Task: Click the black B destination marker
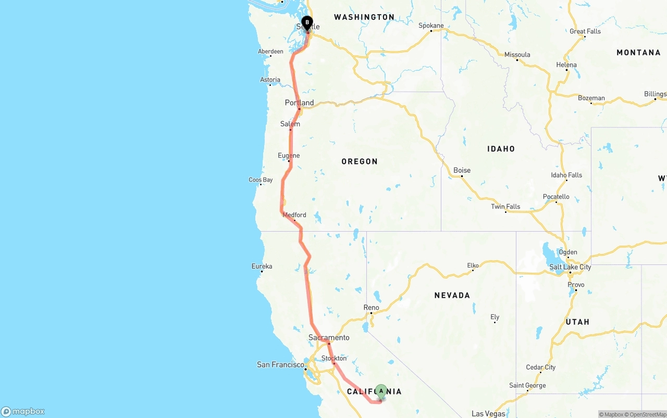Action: point(307,23)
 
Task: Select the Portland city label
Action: point(299,103)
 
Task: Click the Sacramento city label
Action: point(329,337)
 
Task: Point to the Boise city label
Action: point(462,170)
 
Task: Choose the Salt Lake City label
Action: point(570,267)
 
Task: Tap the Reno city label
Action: point(371,308)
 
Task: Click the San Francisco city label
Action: point(280,364)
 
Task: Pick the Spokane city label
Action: point(431,26)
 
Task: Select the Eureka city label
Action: point(262,267)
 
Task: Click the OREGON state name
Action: point(360,161)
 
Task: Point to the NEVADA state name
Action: point(452,295)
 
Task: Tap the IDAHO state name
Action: point(501,149)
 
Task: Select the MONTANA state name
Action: point(638,53)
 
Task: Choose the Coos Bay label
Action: point(261,180)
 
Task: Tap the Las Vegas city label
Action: point(488,414)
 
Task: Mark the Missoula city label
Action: point(517,55)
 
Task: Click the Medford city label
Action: point(294,215)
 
